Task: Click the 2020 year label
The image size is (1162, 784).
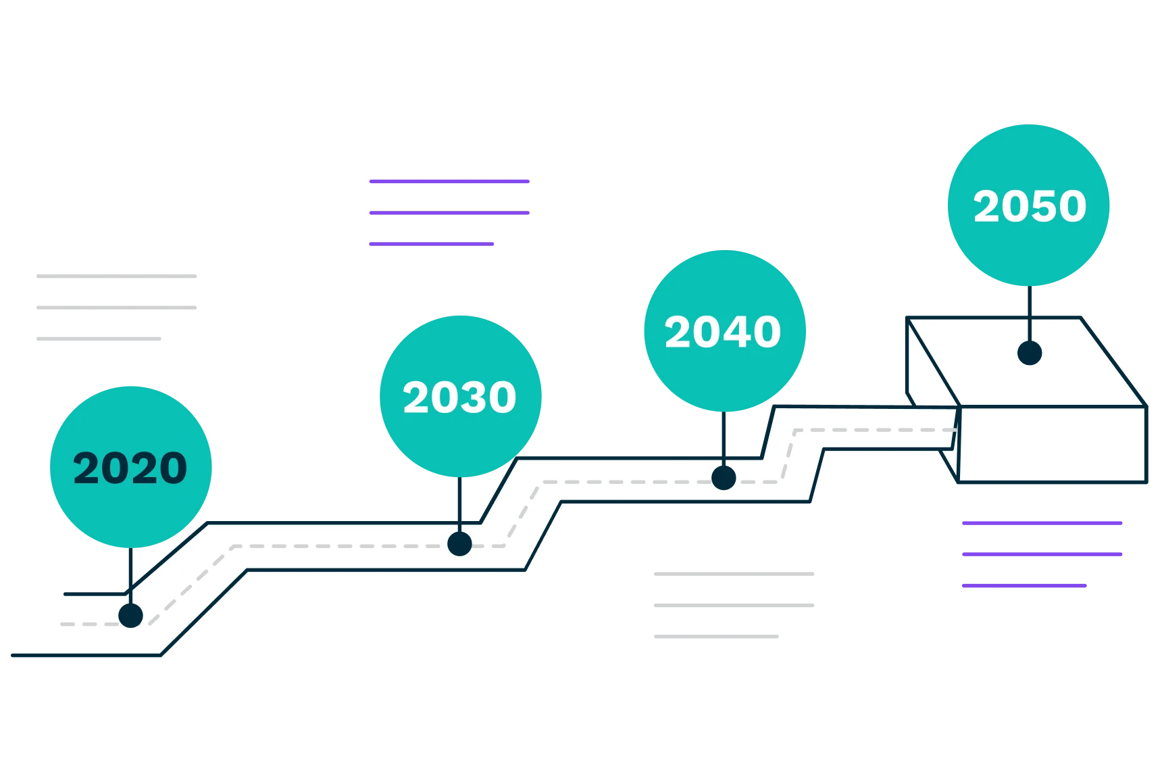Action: pos(130,468)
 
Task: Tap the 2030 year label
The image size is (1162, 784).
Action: pos(459,397)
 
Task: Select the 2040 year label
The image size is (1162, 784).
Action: pos(723,332)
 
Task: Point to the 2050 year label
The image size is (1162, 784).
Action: pos(1030,206)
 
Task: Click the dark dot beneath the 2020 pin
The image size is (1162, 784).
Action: pos(130,616)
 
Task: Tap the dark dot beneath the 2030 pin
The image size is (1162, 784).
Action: pos(459,543)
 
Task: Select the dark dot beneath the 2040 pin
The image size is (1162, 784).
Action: pos(724,478)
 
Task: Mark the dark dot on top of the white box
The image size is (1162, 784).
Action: pos(1030,353)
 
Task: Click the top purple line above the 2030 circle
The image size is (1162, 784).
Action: pos(448,181)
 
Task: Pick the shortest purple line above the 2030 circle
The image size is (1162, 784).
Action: pos(432,243)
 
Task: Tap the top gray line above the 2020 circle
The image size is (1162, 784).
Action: pos(116,276)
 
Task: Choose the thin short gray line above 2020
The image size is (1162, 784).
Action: pos(97,337)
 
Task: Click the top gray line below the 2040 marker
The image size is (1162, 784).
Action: pos(733,573)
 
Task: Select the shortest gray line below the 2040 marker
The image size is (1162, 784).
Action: pos(718,637)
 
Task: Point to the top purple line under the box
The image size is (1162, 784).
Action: pos(1042,524)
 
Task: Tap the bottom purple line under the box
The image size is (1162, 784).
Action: pos(1025,585)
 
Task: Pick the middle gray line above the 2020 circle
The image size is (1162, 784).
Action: pos(116,308)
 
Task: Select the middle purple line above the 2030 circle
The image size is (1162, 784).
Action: pos(448,213)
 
